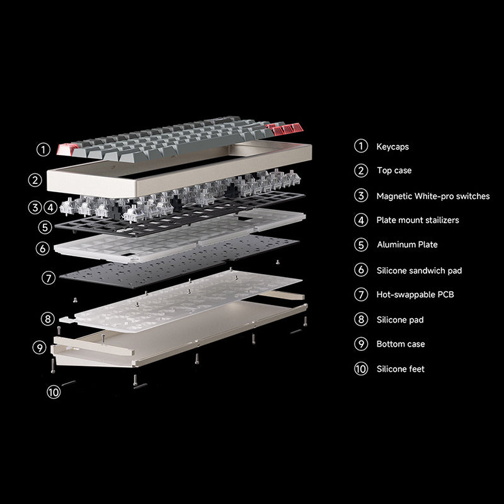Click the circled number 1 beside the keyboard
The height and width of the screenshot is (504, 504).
[x=43, y=149]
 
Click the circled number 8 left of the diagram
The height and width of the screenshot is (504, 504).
[x=48, y=319]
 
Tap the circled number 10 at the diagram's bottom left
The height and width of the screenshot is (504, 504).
[x=54, y=392]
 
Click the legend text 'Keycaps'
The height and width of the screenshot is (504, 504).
[x=392, y=146]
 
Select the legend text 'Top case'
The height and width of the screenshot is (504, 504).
[x=394, y=171]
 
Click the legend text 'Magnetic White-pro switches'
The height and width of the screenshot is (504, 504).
[x=433, y=196]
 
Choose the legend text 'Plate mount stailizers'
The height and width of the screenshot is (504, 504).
[x=418, y=220]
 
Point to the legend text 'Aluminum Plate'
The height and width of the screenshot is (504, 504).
[x=407, y=244]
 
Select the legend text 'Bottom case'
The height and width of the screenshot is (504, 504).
[x=401, y=344]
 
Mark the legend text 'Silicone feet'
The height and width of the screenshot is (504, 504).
[x=401, y=369]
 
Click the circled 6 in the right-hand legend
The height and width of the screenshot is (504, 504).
[x=361, y=270]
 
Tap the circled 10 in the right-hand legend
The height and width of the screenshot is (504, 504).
[x=361, y=369]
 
